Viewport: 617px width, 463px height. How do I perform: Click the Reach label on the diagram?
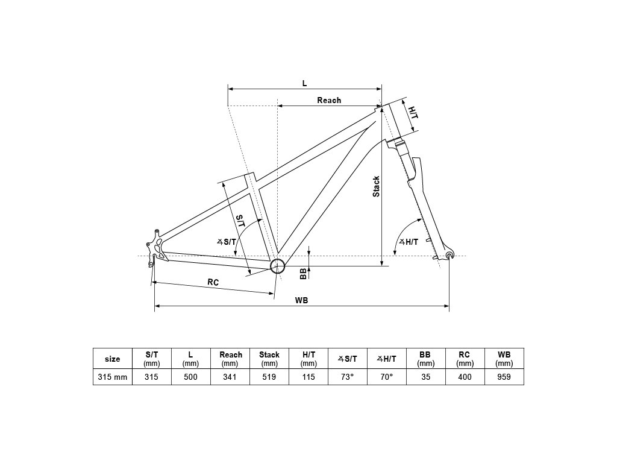click(x=329, y=100)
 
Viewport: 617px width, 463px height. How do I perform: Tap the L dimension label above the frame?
click(x=304, y=83)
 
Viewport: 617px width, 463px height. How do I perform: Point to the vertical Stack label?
click(x=376, y=186)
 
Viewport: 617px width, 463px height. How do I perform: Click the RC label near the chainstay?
click(x=213, y=282)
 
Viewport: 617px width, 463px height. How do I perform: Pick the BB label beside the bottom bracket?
click(x=303, y=274)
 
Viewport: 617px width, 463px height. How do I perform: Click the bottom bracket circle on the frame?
click(x=277, y=266)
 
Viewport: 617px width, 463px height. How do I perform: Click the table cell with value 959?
click(x=504, y=377)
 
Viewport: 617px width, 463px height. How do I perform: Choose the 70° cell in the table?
click(x=386, y=377)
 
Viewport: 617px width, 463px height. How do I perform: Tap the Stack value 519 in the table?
click(x=269, y=377)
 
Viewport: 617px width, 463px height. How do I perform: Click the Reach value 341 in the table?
click(x=230, y=377)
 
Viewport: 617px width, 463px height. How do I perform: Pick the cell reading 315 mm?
click(x=113, y=377)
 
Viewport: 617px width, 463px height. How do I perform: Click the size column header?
click(x=113, y=359)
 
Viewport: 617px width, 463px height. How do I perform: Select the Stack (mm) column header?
click(x=269, y=359)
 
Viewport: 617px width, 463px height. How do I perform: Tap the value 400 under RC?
click(x=465, y=377)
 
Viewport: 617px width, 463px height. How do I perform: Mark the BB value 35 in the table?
click(x=425, y=377)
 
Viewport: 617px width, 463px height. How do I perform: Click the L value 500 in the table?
click(x=191, y=377)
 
